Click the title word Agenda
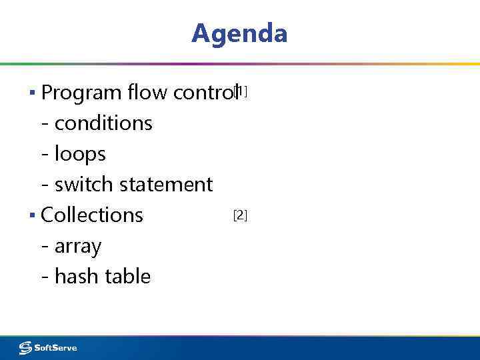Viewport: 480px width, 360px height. (x=239, y=33)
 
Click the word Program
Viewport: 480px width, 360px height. (x=82, y=93)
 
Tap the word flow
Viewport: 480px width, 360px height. (x=147, y=93)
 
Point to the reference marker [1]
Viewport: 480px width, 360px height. (x=241, y=91)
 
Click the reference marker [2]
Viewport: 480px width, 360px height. (x=240, y=215)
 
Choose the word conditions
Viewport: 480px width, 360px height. (x=103, y=123)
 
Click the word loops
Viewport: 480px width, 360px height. (x=80, y=154)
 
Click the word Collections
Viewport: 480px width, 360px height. (x=92, y=215)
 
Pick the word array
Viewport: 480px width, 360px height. (x=78, y=247)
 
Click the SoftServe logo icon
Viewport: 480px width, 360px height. (x=25, y=347)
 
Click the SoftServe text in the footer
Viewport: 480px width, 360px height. (x=56, y=348)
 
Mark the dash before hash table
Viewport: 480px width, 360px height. (x=45, y=277)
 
